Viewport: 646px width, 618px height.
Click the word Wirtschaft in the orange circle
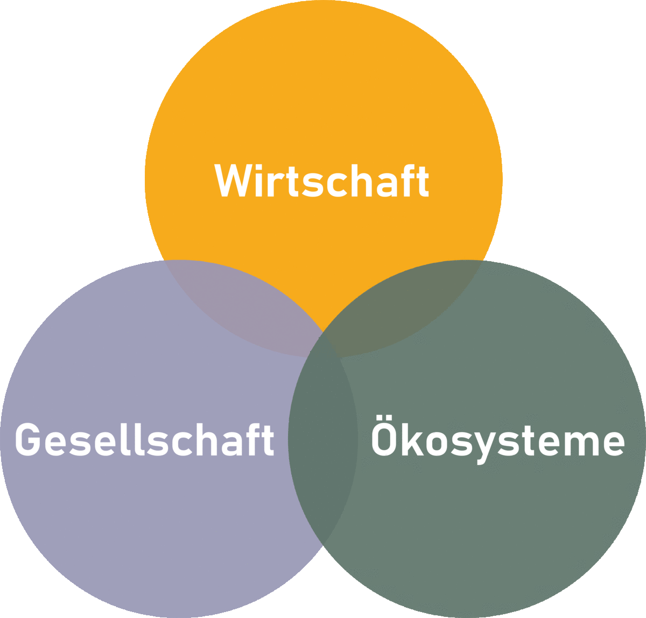click(321, 180)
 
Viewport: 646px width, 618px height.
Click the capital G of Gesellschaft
click(28, 439)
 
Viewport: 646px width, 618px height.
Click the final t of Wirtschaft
click(422, 182)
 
